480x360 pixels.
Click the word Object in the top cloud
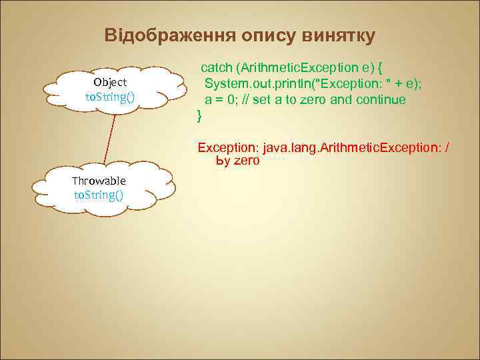110,82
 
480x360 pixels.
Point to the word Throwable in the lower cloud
99,181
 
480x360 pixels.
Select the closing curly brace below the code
198,116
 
